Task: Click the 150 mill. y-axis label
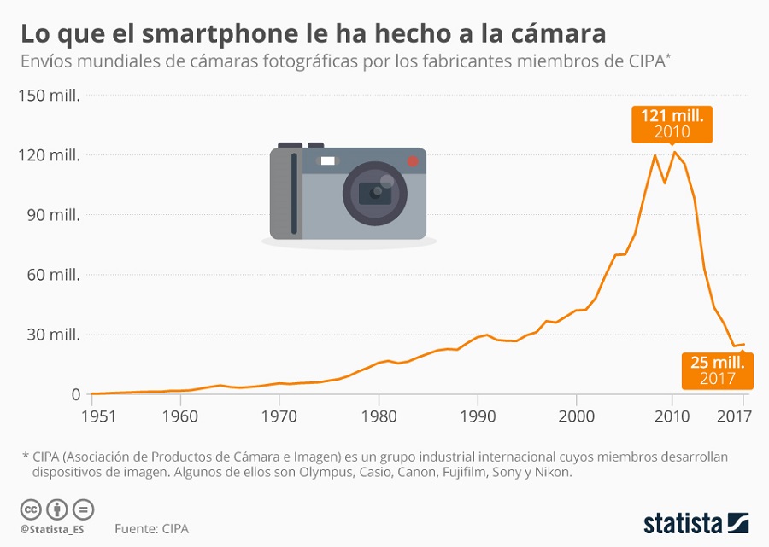(49, 96)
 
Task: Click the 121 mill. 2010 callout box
(672, 125)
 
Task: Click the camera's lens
(375, 194)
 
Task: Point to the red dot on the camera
(413, 161)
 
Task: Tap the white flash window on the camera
(327, 161)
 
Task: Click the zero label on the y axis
(75, 394)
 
